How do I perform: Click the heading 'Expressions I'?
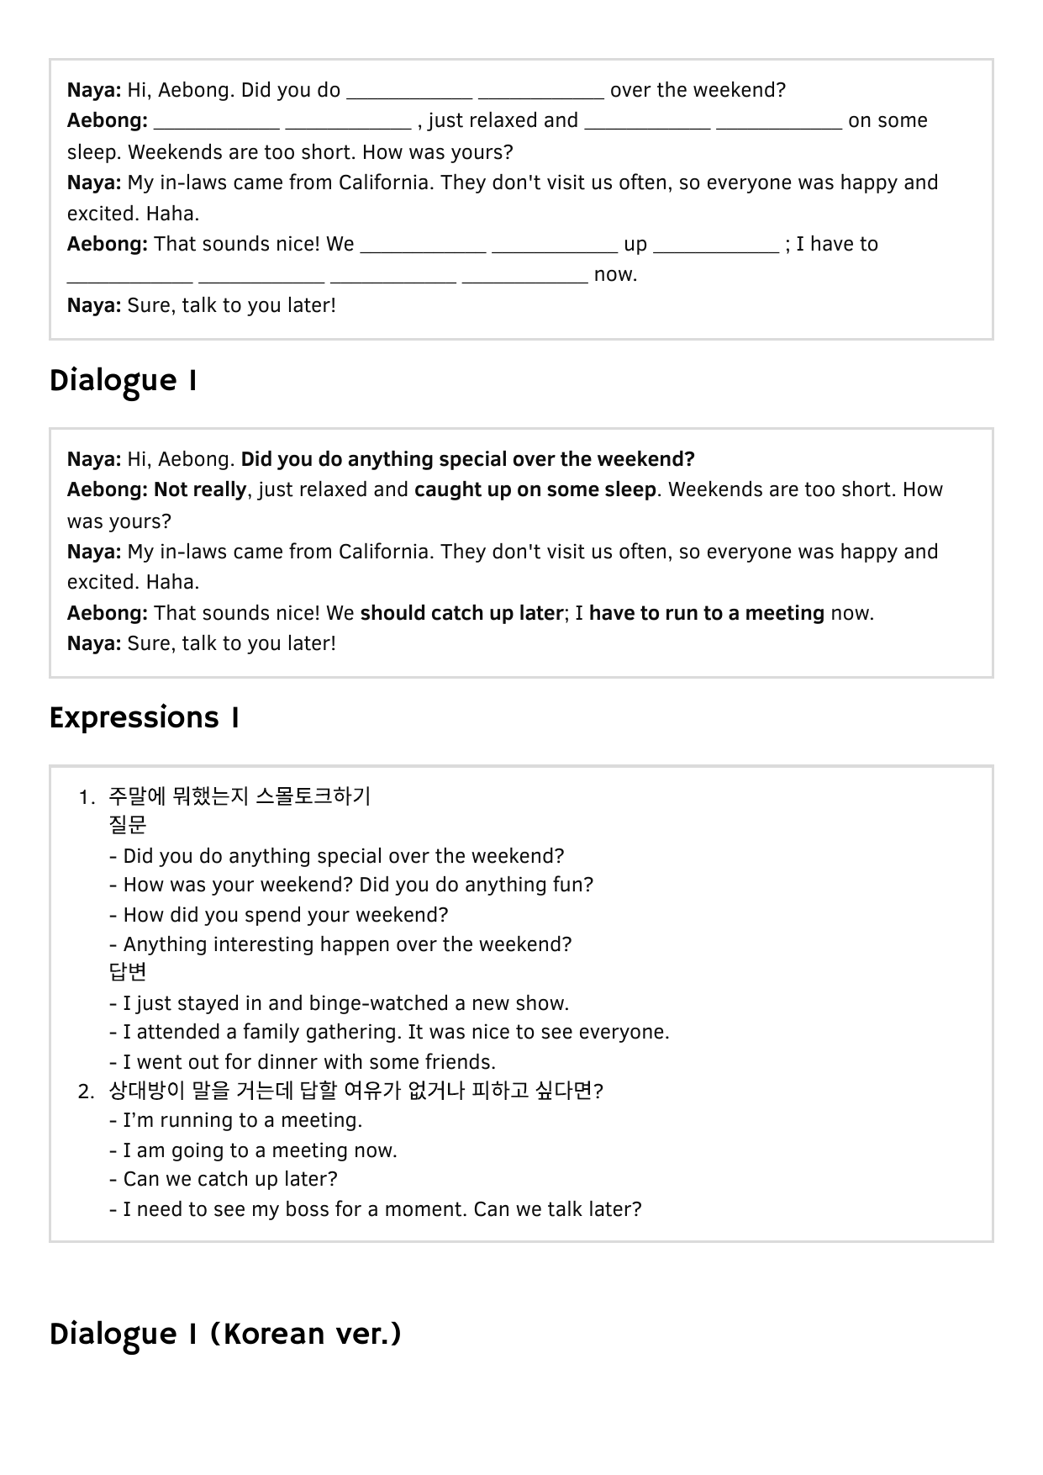click(x=145, y=718)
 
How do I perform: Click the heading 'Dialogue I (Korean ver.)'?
click(x=225, y=1335)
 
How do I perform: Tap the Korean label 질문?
click(x=128, y=825)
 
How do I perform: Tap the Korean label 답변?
click(x=128, y=972)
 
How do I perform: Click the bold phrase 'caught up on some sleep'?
click(x=535, y=489)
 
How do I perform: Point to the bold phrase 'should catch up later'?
click(x=461, y=613)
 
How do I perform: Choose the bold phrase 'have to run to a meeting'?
click(x=706, y=613)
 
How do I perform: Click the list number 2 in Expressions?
click(x=86, y=1092)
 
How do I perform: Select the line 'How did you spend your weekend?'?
click(x=285, y=915)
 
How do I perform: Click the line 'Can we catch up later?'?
click(x=229, y=1179)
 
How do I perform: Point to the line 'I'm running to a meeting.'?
click(x=242, y=1120)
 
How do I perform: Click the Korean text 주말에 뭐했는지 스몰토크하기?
click(x=240, y=796)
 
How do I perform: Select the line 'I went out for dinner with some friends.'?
click(x=308, y=1062)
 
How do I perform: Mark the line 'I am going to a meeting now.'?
click(x=260, y=1150)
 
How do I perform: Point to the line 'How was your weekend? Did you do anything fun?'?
click(x=358, y=885)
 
